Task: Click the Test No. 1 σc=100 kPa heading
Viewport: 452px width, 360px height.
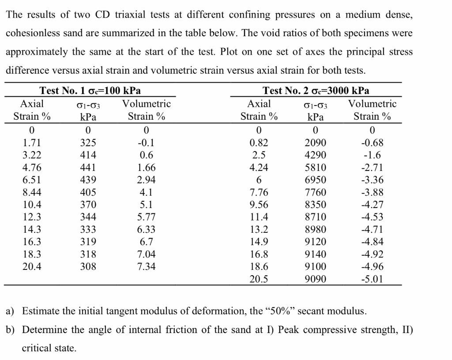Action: tap(90, 91)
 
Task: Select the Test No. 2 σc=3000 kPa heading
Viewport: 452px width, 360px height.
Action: tap(316, 91)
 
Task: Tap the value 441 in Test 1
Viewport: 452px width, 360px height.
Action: tap(88, 168)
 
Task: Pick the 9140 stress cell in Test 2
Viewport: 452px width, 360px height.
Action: tap(316, 254)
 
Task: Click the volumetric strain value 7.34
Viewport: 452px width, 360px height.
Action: tap(147, 267)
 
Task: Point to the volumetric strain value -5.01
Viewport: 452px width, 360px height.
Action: tap(373, 279)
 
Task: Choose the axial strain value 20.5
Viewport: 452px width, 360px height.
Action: tap(259, 279)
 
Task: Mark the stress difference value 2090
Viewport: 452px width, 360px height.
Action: tap(316, 143)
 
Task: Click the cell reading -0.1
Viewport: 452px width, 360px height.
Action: tap(147, 143)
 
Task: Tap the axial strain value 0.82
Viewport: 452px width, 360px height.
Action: tap(259, 143)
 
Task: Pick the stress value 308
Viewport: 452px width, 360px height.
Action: tap(88, 267)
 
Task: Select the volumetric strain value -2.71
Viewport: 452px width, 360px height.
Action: tap(373, 168)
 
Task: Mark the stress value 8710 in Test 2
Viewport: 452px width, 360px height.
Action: tap(316, 217)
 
